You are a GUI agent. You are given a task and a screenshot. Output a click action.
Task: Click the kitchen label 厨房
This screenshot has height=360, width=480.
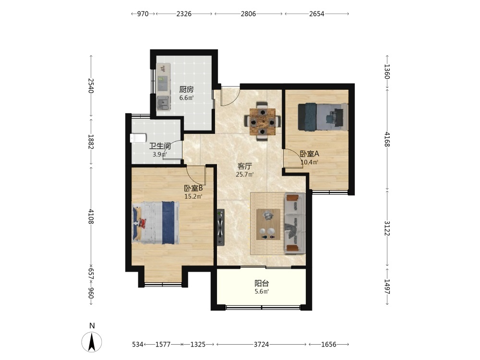(186, 89)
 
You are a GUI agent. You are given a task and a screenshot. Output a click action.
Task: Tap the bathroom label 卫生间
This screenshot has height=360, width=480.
(160, 146)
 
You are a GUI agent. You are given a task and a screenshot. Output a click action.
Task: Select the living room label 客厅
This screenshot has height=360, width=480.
(245, 166)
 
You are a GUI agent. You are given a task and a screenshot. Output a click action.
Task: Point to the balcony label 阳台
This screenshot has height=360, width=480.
(262, 283)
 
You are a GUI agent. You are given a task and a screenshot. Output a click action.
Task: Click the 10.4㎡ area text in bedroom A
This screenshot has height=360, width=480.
(309, 162)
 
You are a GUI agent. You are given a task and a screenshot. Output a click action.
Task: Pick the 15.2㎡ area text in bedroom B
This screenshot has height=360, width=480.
(193, 196)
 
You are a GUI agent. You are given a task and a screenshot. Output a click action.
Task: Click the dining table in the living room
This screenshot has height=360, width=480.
(263, 121)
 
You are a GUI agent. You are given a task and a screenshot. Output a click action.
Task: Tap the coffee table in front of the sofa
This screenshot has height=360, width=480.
(268, 224)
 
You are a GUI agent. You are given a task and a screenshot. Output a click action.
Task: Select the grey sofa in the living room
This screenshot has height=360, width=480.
(295, 224)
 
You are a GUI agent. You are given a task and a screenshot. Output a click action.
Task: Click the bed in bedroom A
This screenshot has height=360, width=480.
(323, 117)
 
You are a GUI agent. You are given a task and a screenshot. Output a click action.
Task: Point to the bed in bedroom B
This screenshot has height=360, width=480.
(156, 223)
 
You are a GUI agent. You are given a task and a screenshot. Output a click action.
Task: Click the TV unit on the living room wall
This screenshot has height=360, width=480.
(220, 228)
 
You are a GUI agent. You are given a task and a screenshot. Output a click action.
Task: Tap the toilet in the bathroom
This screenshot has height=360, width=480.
(138, 138)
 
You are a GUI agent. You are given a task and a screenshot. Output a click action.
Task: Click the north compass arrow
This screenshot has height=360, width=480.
(92, 342)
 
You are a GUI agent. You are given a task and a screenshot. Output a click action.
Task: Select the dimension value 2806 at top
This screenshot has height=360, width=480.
(248, 14)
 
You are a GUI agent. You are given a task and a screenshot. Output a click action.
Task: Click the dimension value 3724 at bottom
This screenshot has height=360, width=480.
(261, 344)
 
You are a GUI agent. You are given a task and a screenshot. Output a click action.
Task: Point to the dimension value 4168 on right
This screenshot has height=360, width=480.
(387, 139)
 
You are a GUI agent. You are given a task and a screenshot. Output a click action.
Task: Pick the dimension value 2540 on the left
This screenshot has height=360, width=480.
(91, 86)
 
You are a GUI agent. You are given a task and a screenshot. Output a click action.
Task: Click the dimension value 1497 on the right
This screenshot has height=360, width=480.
(387, 287)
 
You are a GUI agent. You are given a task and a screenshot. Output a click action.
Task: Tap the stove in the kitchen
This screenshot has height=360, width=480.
(163, 103)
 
